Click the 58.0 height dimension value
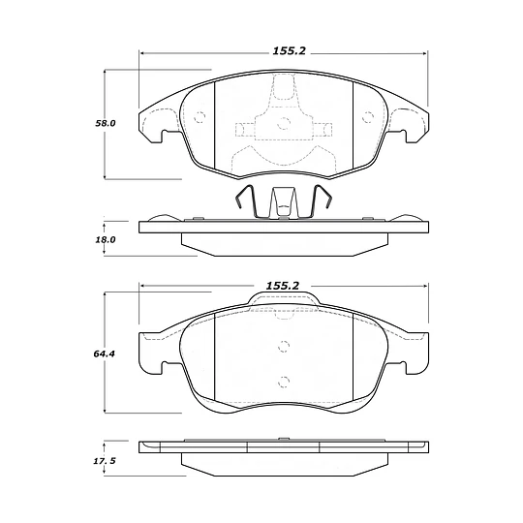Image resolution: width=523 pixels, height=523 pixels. [x=106, y=123]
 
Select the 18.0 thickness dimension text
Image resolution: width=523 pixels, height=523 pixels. [x=106, y=239]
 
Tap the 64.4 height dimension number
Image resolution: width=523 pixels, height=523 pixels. [x=104, y=354]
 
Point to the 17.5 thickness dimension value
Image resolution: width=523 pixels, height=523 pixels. [x=105, y=461]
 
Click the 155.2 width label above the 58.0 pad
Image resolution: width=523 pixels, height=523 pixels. [x=290, y=51]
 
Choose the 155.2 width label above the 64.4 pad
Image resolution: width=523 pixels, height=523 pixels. [x=283, y=286]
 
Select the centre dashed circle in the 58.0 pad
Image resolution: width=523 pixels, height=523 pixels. [x=284, y=123]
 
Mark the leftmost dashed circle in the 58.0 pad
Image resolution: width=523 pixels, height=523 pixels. [x=200, y=117]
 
